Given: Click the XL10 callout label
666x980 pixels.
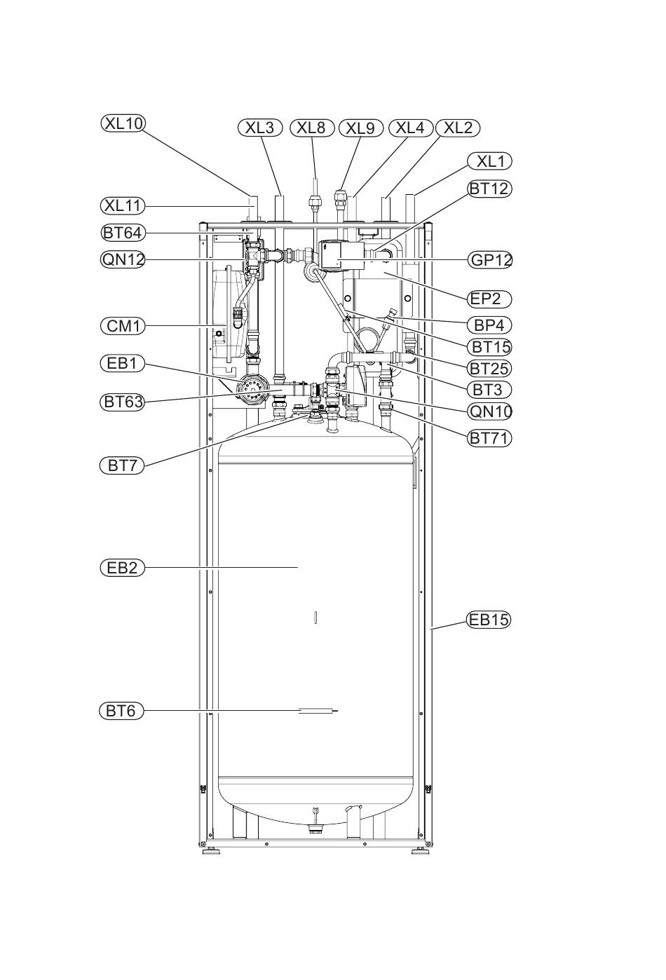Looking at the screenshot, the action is coord(123,123).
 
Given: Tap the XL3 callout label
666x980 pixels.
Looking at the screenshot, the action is coord(259,128).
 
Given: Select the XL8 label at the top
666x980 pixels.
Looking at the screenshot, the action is coord(311,128).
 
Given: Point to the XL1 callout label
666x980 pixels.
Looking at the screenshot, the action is coord(489,161).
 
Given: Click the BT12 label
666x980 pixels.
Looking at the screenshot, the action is coord(489,189).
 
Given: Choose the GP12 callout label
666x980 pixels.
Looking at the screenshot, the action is coord(490,260).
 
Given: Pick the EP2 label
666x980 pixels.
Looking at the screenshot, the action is coord(490,299).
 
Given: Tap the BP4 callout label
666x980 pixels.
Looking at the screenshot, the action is coord(489,325).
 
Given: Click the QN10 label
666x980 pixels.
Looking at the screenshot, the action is coord(490,411).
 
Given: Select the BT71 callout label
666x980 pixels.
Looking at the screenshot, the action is coord(489,437).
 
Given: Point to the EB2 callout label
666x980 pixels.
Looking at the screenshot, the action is coord(122,568).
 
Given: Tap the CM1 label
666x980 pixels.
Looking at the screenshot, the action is coord(123,326).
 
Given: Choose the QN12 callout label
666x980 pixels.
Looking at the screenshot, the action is coord(123,260).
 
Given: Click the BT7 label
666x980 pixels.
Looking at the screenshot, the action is coord(122,466).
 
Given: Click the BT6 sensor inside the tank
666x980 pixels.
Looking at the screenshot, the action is coord(318,711).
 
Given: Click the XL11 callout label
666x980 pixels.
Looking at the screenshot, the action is coord(123,205).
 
